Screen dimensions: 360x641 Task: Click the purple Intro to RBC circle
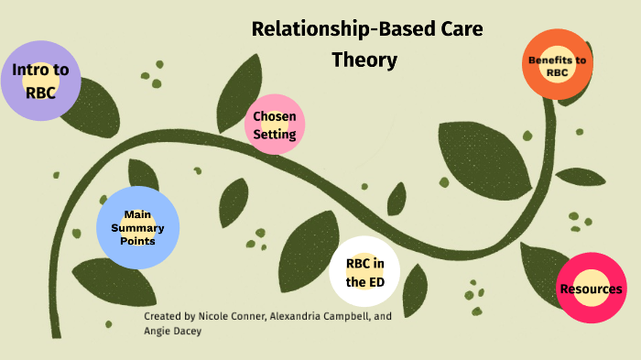(40, 81)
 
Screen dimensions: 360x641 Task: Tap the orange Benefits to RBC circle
(556, 66)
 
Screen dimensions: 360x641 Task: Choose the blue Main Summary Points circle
(137, 228)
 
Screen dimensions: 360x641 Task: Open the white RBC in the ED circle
(364, 273)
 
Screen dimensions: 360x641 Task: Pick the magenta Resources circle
(591, 289)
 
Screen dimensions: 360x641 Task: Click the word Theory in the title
(364, 60)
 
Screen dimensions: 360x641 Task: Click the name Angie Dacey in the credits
(174, 332)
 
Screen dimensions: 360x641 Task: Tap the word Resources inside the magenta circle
(591, 289)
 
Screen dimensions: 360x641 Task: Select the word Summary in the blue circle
(137, 228)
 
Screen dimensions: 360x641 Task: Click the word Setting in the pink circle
(275, 135)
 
